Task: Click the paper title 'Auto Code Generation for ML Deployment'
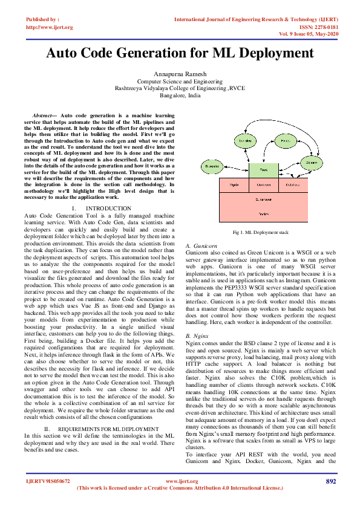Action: click(x=180, y=54)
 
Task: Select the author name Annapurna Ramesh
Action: click(x=180, y=73)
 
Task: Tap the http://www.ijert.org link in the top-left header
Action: click(x=50, y=27)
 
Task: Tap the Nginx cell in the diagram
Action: click(x=235, y=184)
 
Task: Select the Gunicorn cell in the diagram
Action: click(x=263, y=184)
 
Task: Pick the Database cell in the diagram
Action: click(x=292, y=184)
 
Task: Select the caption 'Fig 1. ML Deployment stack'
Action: click(x=261, y=232)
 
